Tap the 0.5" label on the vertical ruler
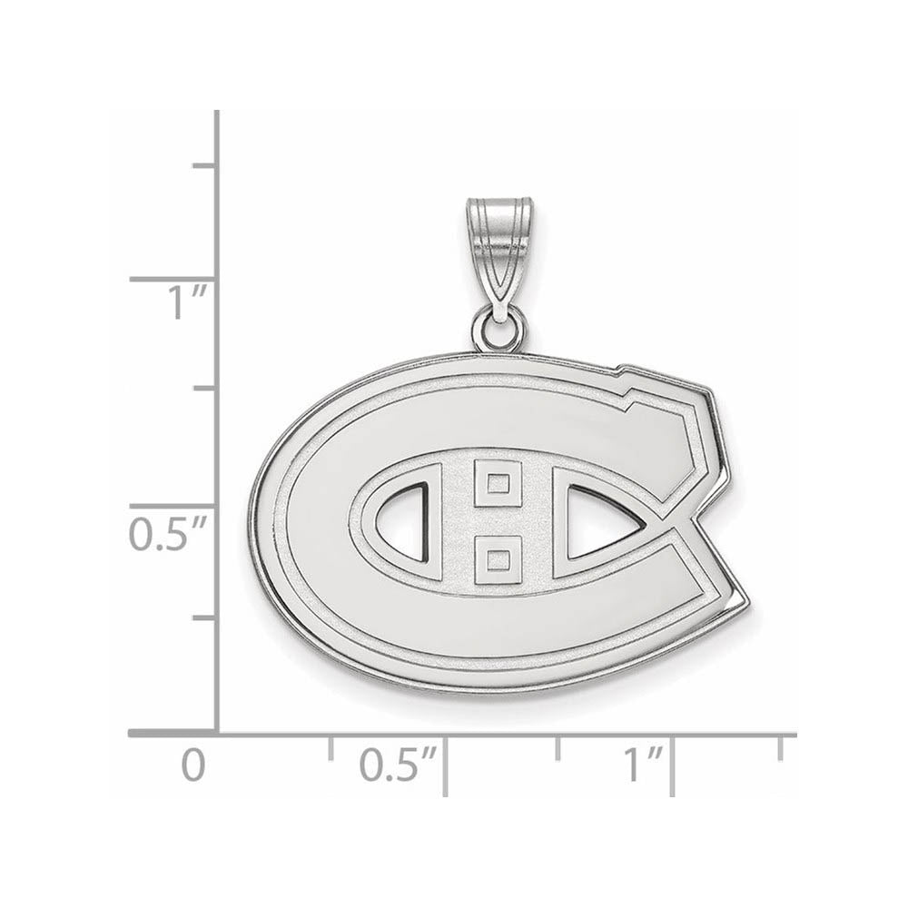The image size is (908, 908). tap(170, 535)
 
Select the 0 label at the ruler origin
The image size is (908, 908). tap(192, 765)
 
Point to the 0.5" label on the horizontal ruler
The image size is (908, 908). tap(398, 765)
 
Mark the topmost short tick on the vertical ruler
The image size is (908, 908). tap(204, 165)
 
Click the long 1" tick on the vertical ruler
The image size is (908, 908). tap(173, 279)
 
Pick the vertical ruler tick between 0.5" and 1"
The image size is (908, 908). tap(204, 388)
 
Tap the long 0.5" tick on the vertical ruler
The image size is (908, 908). tap(173, 506)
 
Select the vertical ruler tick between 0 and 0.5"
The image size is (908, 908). tap(204, 617)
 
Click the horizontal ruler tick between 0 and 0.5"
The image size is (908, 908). tap(331, 747)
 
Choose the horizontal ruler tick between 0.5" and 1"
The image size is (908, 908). tap(558, 747)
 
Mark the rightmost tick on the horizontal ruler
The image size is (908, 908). tap(780, 747)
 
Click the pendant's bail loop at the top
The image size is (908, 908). tap(497, 245)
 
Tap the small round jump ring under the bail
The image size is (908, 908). tap(498, 330)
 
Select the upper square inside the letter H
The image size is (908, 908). tap(498, 482)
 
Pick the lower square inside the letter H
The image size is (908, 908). tap(498, 559)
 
